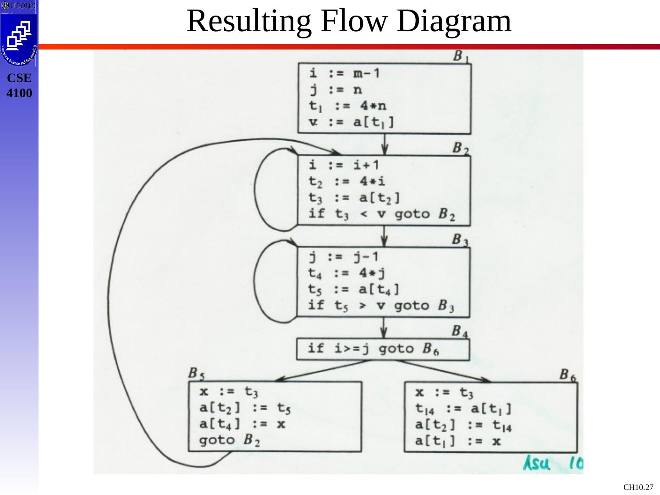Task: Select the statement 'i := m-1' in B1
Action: [345, 73]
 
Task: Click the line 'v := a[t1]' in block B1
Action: [352, 122]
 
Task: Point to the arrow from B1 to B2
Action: [385, 144]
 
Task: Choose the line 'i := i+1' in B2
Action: [344, 165]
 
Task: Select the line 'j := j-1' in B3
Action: [344, 256]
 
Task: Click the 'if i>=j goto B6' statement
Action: [374, 349]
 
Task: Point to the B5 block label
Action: [196, 374]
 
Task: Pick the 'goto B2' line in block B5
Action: [230, 440]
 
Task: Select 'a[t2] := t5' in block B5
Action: [245, 407]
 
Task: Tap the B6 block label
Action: [567, 374]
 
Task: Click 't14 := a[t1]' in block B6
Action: [463, 408]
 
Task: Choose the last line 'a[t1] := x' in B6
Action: [458, 441]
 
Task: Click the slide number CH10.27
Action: [638, 487]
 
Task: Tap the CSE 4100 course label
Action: [19, 86]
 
